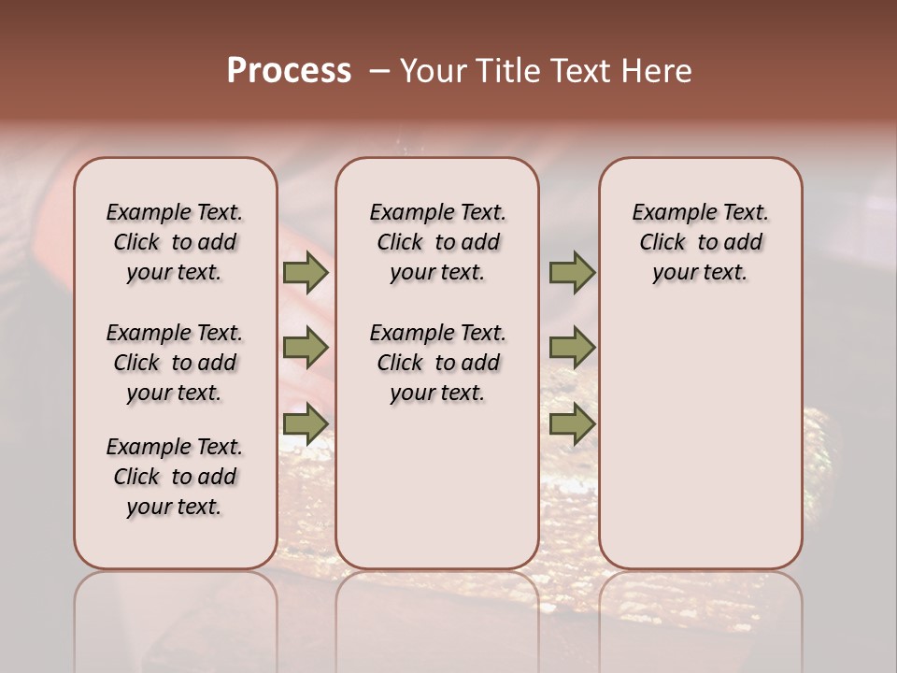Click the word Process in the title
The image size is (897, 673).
point(289,71)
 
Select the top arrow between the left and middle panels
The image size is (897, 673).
point(305,273)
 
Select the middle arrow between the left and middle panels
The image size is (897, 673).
point(305,348)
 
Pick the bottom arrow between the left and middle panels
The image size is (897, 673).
point(305,424)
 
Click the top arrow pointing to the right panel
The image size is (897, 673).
point(572,273)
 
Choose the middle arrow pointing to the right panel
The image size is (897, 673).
point(572,348)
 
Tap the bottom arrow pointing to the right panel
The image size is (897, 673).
point(572,424)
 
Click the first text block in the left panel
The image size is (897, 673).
point(175,242)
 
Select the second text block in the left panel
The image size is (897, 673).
point(175,363)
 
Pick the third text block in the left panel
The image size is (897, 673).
point(175,477)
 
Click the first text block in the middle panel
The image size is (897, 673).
point(438,242)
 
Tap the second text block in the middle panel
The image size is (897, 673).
point(438,363)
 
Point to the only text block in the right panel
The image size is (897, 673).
point(700,242)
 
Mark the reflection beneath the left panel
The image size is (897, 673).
point(176,608)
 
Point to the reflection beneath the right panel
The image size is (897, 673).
point(700,608)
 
